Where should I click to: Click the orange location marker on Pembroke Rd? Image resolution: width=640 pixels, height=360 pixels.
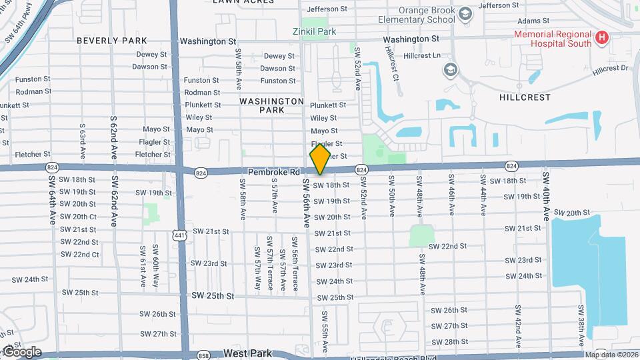[320, 159]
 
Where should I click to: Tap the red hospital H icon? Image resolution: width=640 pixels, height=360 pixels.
[602, 38]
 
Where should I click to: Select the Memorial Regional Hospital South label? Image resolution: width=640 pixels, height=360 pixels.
[552, 39]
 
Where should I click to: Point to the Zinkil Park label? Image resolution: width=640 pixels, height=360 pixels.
[317, 31]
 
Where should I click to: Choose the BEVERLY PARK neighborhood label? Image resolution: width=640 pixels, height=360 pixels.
[111, 41]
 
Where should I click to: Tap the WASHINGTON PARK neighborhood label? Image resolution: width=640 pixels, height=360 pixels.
[272, 105]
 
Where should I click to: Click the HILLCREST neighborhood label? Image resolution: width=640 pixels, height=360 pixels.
[525, 97]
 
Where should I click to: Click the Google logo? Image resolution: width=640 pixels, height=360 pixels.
[21, 352]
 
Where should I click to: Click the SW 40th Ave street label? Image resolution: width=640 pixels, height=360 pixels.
[546, 196]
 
